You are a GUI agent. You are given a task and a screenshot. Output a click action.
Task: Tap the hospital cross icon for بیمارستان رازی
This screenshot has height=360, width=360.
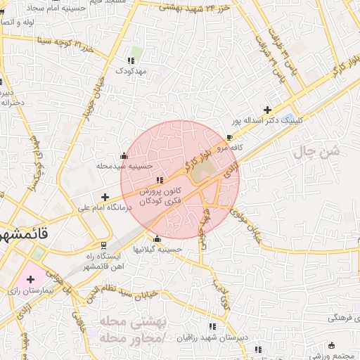click(30, 279)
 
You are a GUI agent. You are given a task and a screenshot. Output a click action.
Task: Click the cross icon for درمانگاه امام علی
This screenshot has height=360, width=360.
click(105, 198)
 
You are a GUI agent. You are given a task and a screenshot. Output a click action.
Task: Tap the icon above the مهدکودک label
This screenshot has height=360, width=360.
click(130, 60)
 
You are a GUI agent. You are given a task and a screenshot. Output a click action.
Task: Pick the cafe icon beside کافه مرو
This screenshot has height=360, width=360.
click(229, 137)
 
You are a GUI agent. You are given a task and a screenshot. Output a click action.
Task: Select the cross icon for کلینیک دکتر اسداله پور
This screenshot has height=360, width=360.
click(266, 110)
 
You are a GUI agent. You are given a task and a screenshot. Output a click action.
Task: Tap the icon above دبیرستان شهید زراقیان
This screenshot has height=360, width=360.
click(212, 327)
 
